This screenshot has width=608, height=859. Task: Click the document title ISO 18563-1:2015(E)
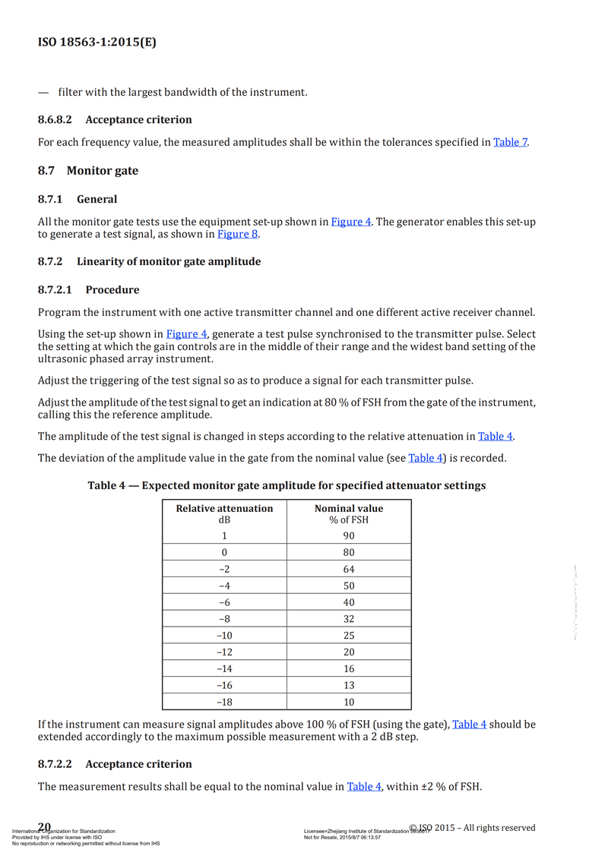97,43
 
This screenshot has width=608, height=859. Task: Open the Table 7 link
510,142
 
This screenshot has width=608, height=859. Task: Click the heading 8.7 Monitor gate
88,171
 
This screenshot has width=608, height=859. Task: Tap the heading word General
97,199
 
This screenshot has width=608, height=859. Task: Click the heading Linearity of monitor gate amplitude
168,261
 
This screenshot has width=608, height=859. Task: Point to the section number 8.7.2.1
55,289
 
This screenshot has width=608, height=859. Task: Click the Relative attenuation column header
224,508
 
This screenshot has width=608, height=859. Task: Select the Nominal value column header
349,508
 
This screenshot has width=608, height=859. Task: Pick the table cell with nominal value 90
349,535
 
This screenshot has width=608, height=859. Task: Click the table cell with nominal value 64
349,569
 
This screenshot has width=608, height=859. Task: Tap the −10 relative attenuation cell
224,636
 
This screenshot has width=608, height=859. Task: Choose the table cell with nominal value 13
349,686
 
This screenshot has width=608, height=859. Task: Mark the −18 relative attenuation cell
224,703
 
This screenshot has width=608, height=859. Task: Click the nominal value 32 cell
349,619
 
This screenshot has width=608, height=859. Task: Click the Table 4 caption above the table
287,485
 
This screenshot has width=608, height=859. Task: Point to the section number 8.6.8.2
55,119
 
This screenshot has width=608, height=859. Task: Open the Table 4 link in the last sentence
364,787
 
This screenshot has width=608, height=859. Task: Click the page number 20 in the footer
44,827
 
